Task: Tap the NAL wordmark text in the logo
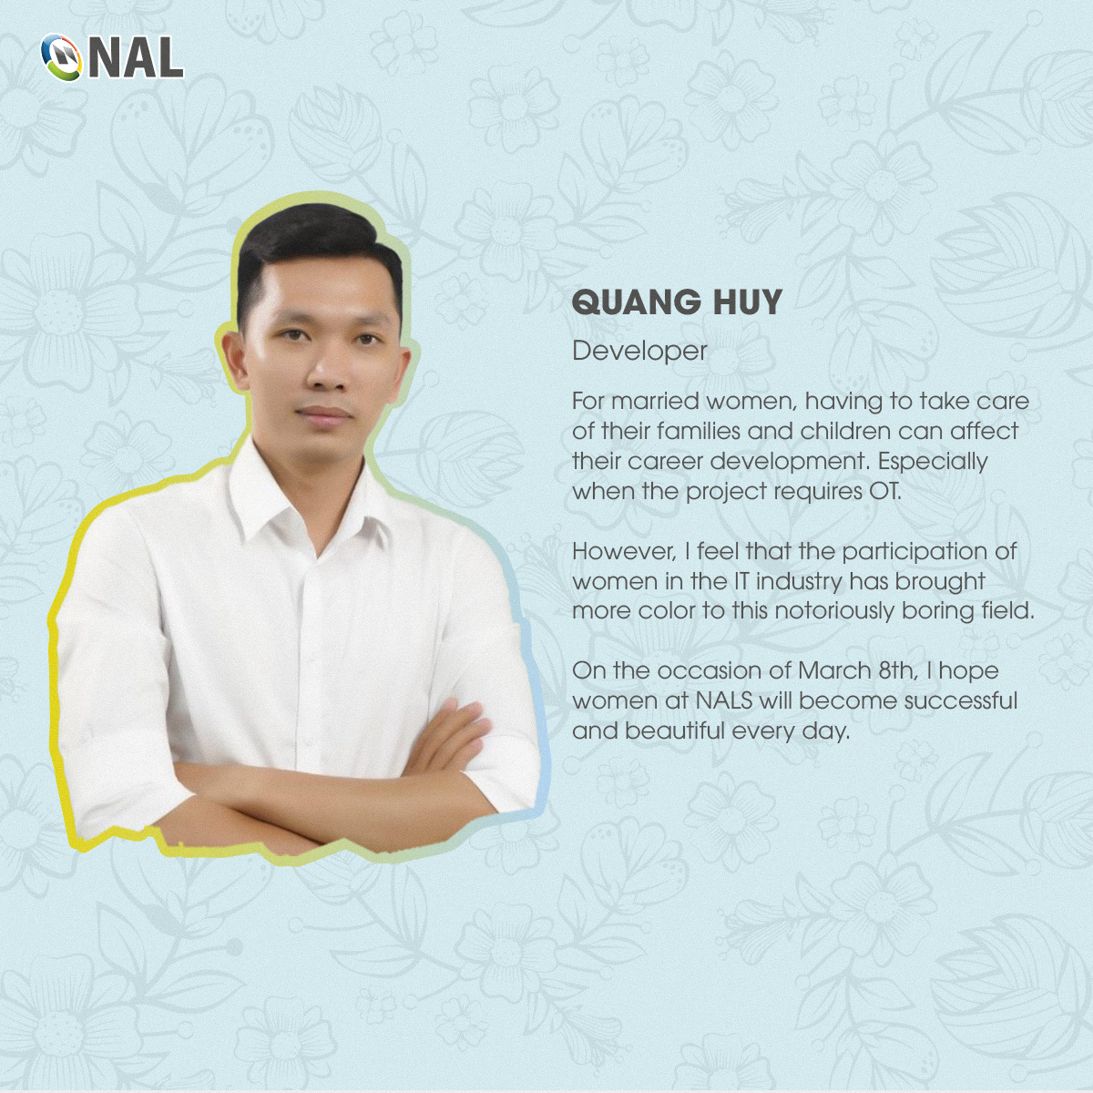136,58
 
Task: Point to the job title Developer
639,352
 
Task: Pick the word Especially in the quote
933,462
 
